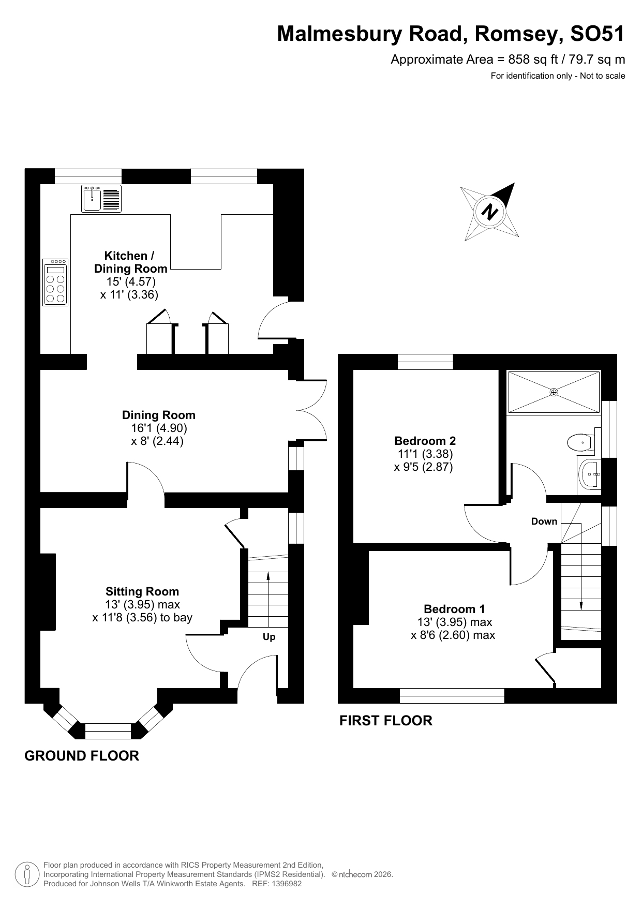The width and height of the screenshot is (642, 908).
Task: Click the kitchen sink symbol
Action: (x=102, y=199)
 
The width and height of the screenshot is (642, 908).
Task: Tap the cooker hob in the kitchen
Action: (x=55, y=282)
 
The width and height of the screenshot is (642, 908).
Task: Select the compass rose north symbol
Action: (x=489, y=212)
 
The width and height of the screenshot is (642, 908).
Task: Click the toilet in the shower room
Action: (x=580, y=443)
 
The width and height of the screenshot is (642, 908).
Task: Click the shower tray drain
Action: (x=554, y=392)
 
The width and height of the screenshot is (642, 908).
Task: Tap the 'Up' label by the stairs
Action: (x=269, y=637)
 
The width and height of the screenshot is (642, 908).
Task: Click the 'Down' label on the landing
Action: (x=544, y=522)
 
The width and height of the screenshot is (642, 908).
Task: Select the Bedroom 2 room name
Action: (x=425, y=441)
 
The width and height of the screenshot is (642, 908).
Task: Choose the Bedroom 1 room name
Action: (x=454, y=609)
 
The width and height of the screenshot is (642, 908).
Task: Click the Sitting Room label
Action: (x=142, y=591)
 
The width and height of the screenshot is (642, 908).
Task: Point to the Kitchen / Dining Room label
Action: (x=130, y=262)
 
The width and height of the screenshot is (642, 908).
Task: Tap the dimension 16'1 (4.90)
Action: (x=159, y=428)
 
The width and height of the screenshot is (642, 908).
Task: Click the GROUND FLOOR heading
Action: (x=82, y=756)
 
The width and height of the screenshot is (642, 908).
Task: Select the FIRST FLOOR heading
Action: (x=385, y=721)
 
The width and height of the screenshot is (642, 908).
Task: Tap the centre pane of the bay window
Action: (x=108, y=731)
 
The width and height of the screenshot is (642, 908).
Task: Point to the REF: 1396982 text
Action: (x=276, y=884)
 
